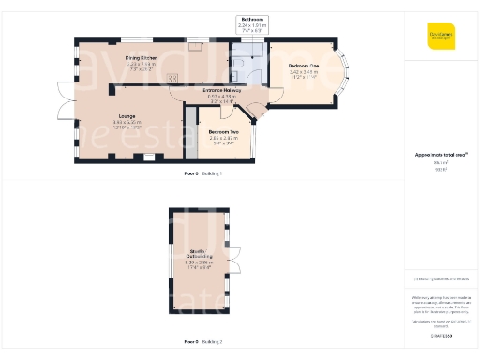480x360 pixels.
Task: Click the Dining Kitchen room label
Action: pyautogui.click(x=142, y=58)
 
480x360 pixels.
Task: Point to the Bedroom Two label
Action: pyautogui.click(x=223, y=132)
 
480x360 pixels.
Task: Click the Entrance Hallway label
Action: pyautogui.click(x=223, y=90)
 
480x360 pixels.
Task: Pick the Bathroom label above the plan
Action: pyautogui.click(x=253, y=19)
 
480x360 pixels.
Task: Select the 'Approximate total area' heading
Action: pyautogui.click(x=441, y=154)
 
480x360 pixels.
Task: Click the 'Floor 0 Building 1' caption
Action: pyautogui.click(x=203, y=174)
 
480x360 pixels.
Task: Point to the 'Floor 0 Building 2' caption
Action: pyautogui.click(x=203, y=341)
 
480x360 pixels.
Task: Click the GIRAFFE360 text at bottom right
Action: pyautogui.click(x=441, y=335)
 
